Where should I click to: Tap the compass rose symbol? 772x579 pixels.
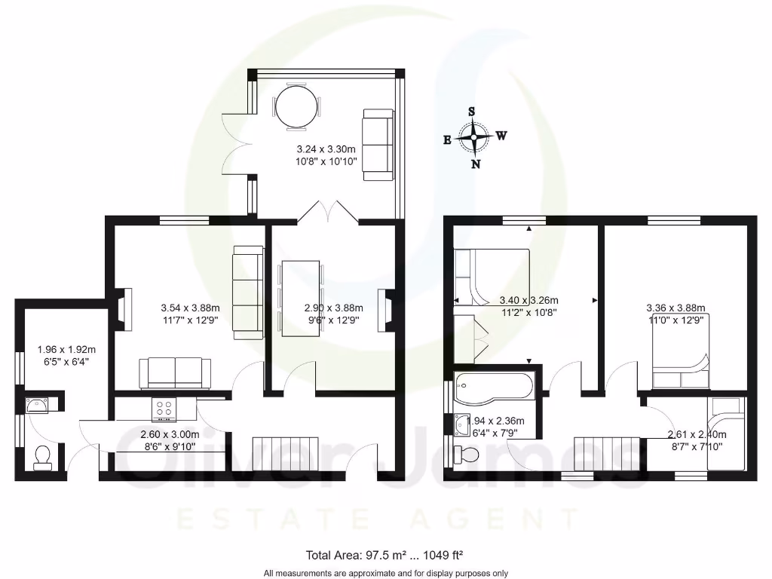[x=473, y=138]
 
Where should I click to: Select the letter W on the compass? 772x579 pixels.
[x=501, y=136]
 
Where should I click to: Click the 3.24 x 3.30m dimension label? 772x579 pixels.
[x=326, y=149]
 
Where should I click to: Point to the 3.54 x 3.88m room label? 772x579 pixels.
[x=190, y=308]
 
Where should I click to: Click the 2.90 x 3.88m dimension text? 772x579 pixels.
[x=333, y=308]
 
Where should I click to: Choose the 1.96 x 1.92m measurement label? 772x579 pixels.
[x=67, y=350]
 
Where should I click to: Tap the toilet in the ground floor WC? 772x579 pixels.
[x=42, y=456]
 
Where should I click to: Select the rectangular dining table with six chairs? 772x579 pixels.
[x=300, y=299]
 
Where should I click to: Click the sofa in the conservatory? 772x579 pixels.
[x=378, y=145]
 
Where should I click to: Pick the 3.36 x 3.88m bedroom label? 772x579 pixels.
[x=675, y=308]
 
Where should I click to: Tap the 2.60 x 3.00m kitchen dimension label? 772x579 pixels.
[x=170, y=434]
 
